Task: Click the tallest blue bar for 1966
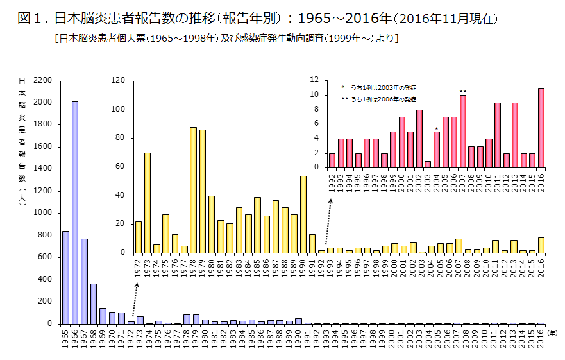click(75, 212)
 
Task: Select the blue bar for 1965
click(65, 277)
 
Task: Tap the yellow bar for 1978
click(193, 190)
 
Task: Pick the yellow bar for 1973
click(148, 203)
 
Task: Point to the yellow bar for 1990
click(303, 214)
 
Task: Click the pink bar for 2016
click(541, 128)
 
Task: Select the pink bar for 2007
click(462, 132)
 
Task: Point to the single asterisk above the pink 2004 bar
click(436, 129)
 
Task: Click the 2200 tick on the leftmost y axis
click(42, 80)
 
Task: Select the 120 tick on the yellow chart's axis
click(117, 80)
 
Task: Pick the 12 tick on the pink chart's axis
click(314, 80)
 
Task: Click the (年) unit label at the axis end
click(552, 332)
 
